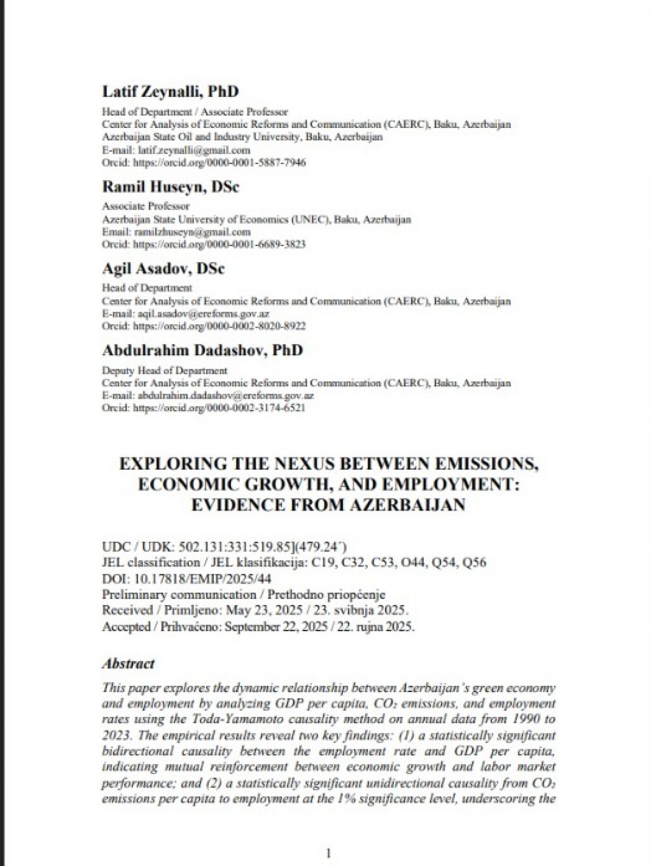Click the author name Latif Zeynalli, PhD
click(x=170, y=92)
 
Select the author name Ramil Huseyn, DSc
click(x=170, y=187)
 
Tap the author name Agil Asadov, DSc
click(x=163, y=269)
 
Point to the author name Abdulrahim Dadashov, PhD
click(x=202, y=350)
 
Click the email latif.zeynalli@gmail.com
click(x=194, y=150)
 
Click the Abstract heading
click(x=128, y=663)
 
